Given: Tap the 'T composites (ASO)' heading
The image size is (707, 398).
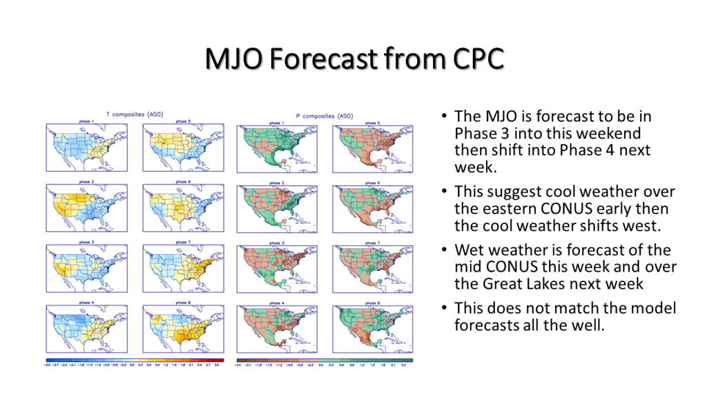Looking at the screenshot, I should tap(135, 114).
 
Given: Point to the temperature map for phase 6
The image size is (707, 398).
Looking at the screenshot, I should tap(183, 209).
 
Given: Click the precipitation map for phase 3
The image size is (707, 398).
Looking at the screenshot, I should tap(277, 269).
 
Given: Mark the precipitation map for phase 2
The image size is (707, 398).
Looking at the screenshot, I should tap(277, 209).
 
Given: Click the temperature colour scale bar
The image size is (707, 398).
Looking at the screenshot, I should tap(135, 360).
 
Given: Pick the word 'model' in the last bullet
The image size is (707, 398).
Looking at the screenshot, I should tap(652, 307).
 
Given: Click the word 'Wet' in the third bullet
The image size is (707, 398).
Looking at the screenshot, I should tap(469, 250).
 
